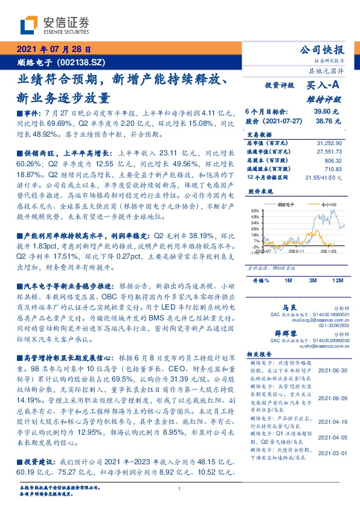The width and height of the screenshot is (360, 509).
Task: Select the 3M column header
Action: [313, 280]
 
